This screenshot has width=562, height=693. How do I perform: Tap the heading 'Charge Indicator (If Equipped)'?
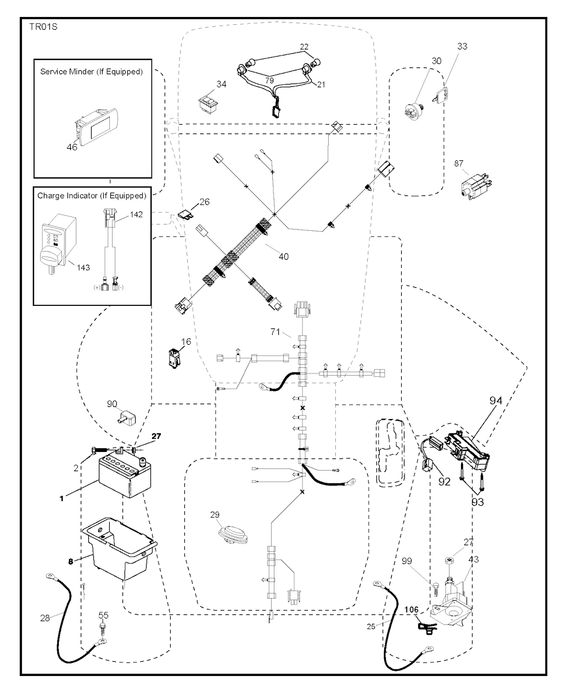pyautogui.click(x=92, y=195)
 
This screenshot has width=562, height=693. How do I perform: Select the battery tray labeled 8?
pyautogui.click(x=118, y=552)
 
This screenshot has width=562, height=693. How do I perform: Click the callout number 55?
pyautogui.click(x=103, y=616)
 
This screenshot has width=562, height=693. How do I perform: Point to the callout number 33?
pyautogui.click(x=462, y=47)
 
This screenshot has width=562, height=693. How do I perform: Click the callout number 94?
pyautogui.click(x=496, y=401)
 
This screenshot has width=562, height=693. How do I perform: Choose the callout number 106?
pyautogui.click(x=412, y=610)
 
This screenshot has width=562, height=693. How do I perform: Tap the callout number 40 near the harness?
pyautogui.click(x=283, y=255)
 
